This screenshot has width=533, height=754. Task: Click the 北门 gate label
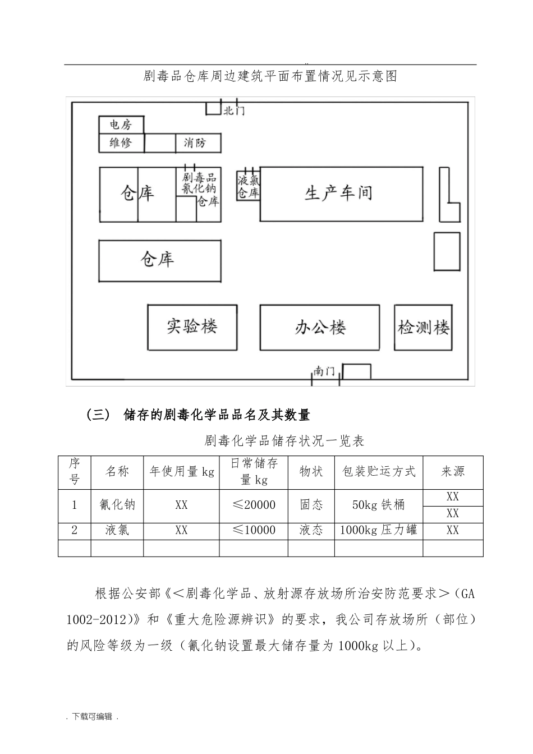pos(234,111)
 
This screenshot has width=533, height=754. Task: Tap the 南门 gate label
pos(324,372)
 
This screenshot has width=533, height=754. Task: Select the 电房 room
pos(121,125)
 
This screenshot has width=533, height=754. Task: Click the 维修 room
pos(121,143)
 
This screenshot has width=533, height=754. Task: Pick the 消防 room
pos(195,143)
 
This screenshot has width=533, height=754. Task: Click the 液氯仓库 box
pos(248,186)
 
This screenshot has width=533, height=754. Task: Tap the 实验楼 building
pos(192,327)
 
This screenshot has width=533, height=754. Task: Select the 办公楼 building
pos(320,328)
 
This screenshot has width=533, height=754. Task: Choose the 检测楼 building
pos(423,328)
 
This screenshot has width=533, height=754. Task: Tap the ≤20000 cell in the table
pos(254,505)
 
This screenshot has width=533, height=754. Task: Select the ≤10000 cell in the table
pos(254,530)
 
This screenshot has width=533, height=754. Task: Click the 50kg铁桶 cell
pos(378,505)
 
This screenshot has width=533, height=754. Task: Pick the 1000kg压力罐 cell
pos(378,530)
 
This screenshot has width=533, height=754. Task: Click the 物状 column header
pos(311,472)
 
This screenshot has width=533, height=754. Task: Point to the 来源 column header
pos(452,472)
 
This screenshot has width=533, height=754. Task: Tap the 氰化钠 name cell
pos(117,505)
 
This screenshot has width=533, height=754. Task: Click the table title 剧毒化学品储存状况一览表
pos(284,441)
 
